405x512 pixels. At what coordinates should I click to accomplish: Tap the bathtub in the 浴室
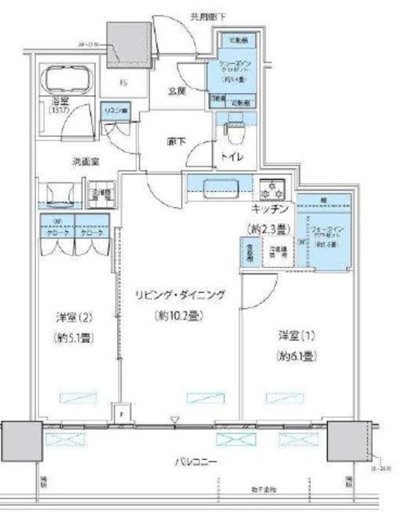click(66, 80)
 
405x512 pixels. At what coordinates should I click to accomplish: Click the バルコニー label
click(198, 462)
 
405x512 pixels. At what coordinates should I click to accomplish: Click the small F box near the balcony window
click(121, 415)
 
